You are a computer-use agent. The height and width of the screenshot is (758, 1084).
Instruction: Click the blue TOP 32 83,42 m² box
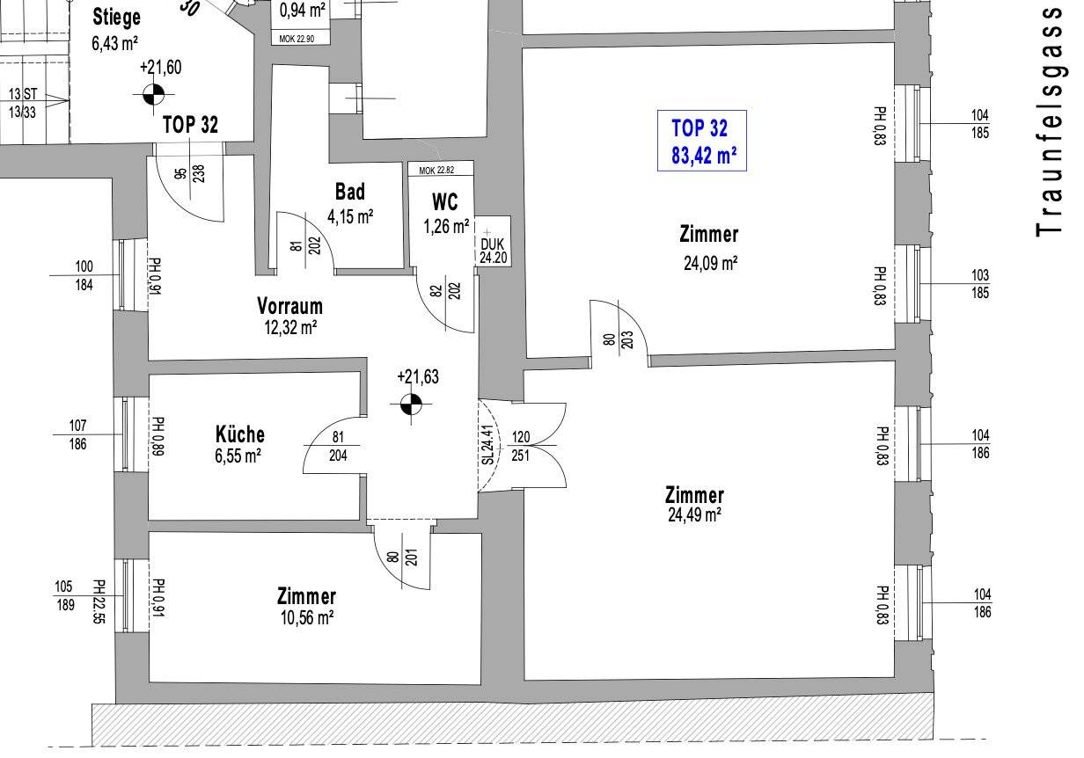[702, 141]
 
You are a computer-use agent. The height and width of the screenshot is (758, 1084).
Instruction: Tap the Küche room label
[240, 434]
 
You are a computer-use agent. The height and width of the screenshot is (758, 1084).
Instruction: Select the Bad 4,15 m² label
[350, 204]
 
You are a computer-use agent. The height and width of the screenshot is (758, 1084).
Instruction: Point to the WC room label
[444, 202]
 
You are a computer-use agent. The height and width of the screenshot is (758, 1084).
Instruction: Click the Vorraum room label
[289, 306]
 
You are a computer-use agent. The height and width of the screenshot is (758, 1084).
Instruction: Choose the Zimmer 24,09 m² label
[709, 248]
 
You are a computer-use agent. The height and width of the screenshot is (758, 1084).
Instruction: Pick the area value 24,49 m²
[694, 515]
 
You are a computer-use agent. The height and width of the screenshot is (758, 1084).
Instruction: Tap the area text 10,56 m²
[307, 617]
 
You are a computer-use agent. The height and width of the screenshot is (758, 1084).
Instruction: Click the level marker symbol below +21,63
[412, 405]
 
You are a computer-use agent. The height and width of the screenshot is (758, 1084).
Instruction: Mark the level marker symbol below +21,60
[154, 94]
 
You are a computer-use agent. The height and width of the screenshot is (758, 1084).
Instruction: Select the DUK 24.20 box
[493, 241]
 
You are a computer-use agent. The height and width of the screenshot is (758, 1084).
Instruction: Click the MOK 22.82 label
[436, 171]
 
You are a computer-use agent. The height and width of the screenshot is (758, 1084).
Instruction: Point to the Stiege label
[117, 18]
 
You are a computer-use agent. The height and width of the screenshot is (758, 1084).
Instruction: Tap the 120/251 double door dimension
[521, 446]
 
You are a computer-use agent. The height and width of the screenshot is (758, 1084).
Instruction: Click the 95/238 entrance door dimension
[190, 173]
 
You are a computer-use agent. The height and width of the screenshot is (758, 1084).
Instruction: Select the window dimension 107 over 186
[78, 434]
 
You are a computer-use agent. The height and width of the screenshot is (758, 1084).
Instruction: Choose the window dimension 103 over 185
[980, 284]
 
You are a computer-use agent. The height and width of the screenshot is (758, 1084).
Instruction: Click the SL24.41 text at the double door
[488, 445]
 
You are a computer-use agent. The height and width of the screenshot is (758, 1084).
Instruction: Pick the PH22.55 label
[99, 601]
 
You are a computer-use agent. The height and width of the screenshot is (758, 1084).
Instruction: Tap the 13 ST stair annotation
[23, 94]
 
